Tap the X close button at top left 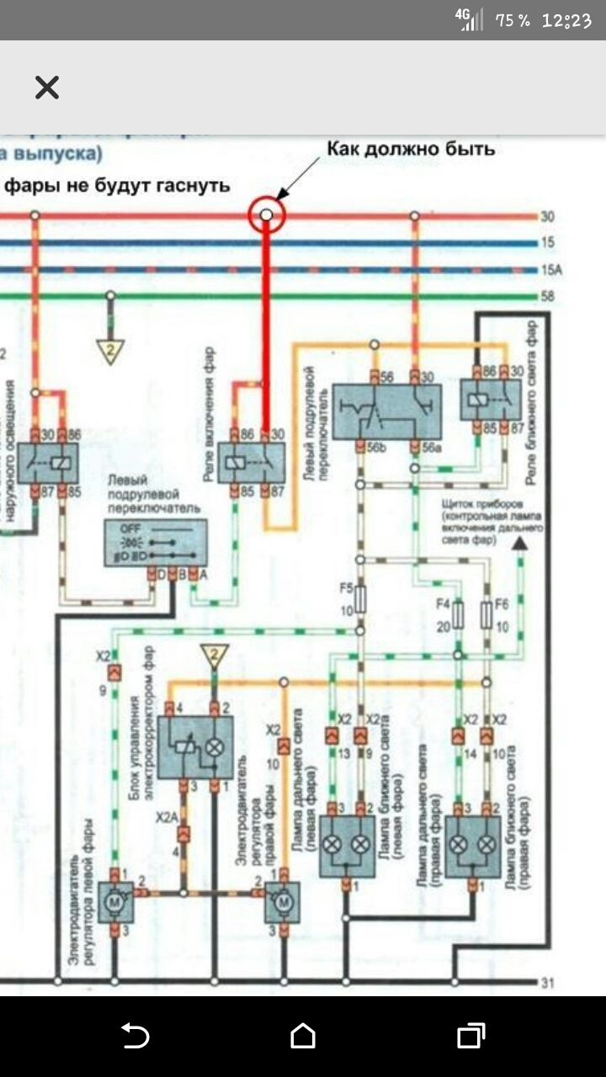click(x=47, y=88)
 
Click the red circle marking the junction click(x=267, y=215)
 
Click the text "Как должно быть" click(x=411, y=150)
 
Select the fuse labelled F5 click(x=360, y=599)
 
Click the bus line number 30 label click(x=548, y=217)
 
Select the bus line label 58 click(x=548, y=297)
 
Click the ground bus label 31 click(x=549, y=982)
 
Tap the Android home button click(x=303, y=1036)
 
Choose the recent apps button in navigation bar click(x=471, y=1036)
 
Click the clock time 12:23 click(x=566, y=21)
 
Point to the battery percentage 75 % click(x=513, y=21)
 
